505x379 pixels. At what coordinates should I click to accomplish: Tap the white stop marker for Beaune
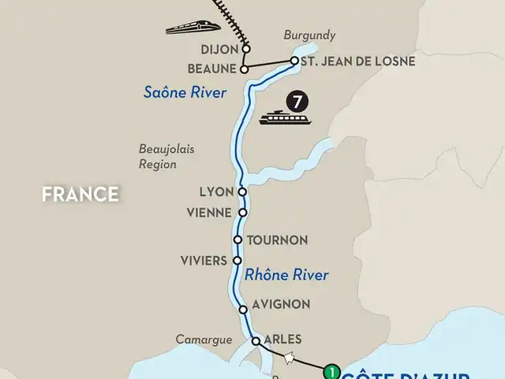pyautogui.click(x=244, y=69)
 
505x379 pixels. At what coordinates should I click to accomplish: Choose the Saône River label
pyautogui.click(x=185, y=92)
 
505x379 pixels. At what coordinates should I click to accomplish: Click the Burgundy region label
pyautogui.click(x=309, y=36)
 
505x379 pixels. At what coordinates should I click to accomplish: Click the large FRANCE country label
pyautogui.click(x=81, y=193)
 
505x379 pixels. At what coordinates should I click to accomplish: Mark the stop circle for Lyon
pyautogui.click(x=242, y=192)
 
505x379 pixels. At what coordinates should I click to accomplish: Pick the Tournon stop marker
pyautogui.click(x=238, y=239)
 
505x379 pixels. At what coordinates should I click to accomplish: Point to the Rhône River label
pyautogui.click(x=286, y=276)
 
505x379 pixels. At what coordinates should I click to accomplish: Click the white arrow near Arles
pyautogui.click(x=290, y=358)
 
